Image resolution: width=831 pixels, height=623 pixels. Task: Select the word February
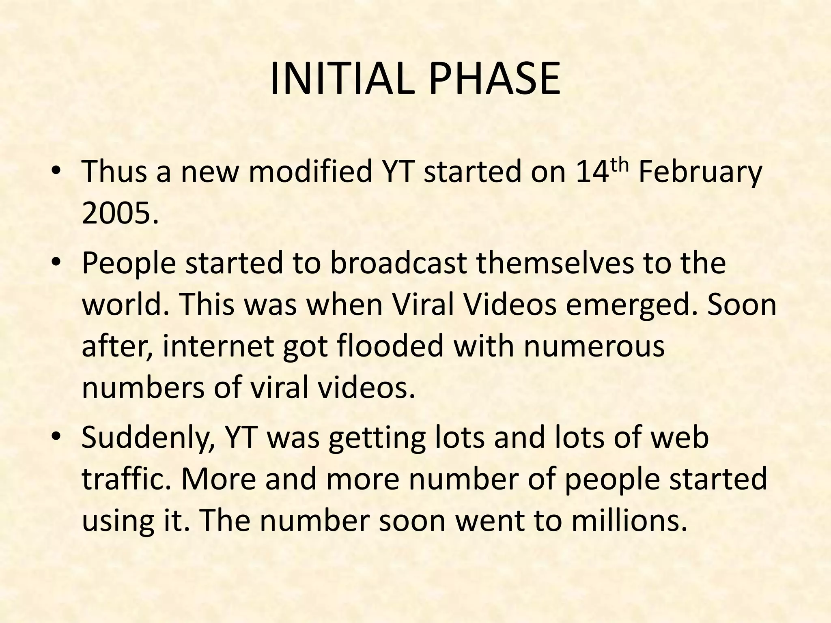(x=700, y=172)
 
